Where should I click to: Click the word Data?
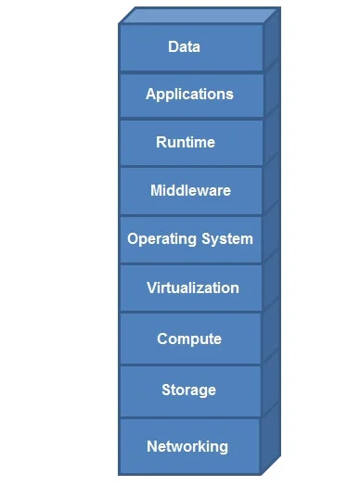[184, 46]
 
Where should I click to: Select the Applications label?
[189, 95]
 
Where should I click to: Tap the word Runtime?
[186, 142]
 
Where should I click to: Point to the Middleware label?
[191, 190]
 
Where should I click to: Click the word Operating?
[161, 239]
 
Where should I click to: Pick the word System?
[227, 239]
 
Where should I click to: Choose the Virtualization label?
[193, 288]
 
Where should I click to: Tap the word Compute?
[189, 339]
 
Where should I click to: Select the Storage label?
[189, 390]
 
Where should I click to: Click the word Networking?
[187, 447]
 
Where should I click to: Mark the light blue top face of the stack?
[200, 15]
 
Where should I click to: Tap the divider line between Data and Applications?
[191, 72]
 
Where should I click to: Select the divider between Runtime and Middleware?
[191, 167]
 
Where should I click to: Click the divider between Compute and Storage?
[190, 365]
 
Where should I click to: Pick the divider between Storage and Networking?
[190, 417]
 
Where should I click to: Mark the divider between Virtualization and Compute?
[190, 313]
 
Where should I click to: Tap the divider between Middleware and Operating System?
[191, 215]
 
